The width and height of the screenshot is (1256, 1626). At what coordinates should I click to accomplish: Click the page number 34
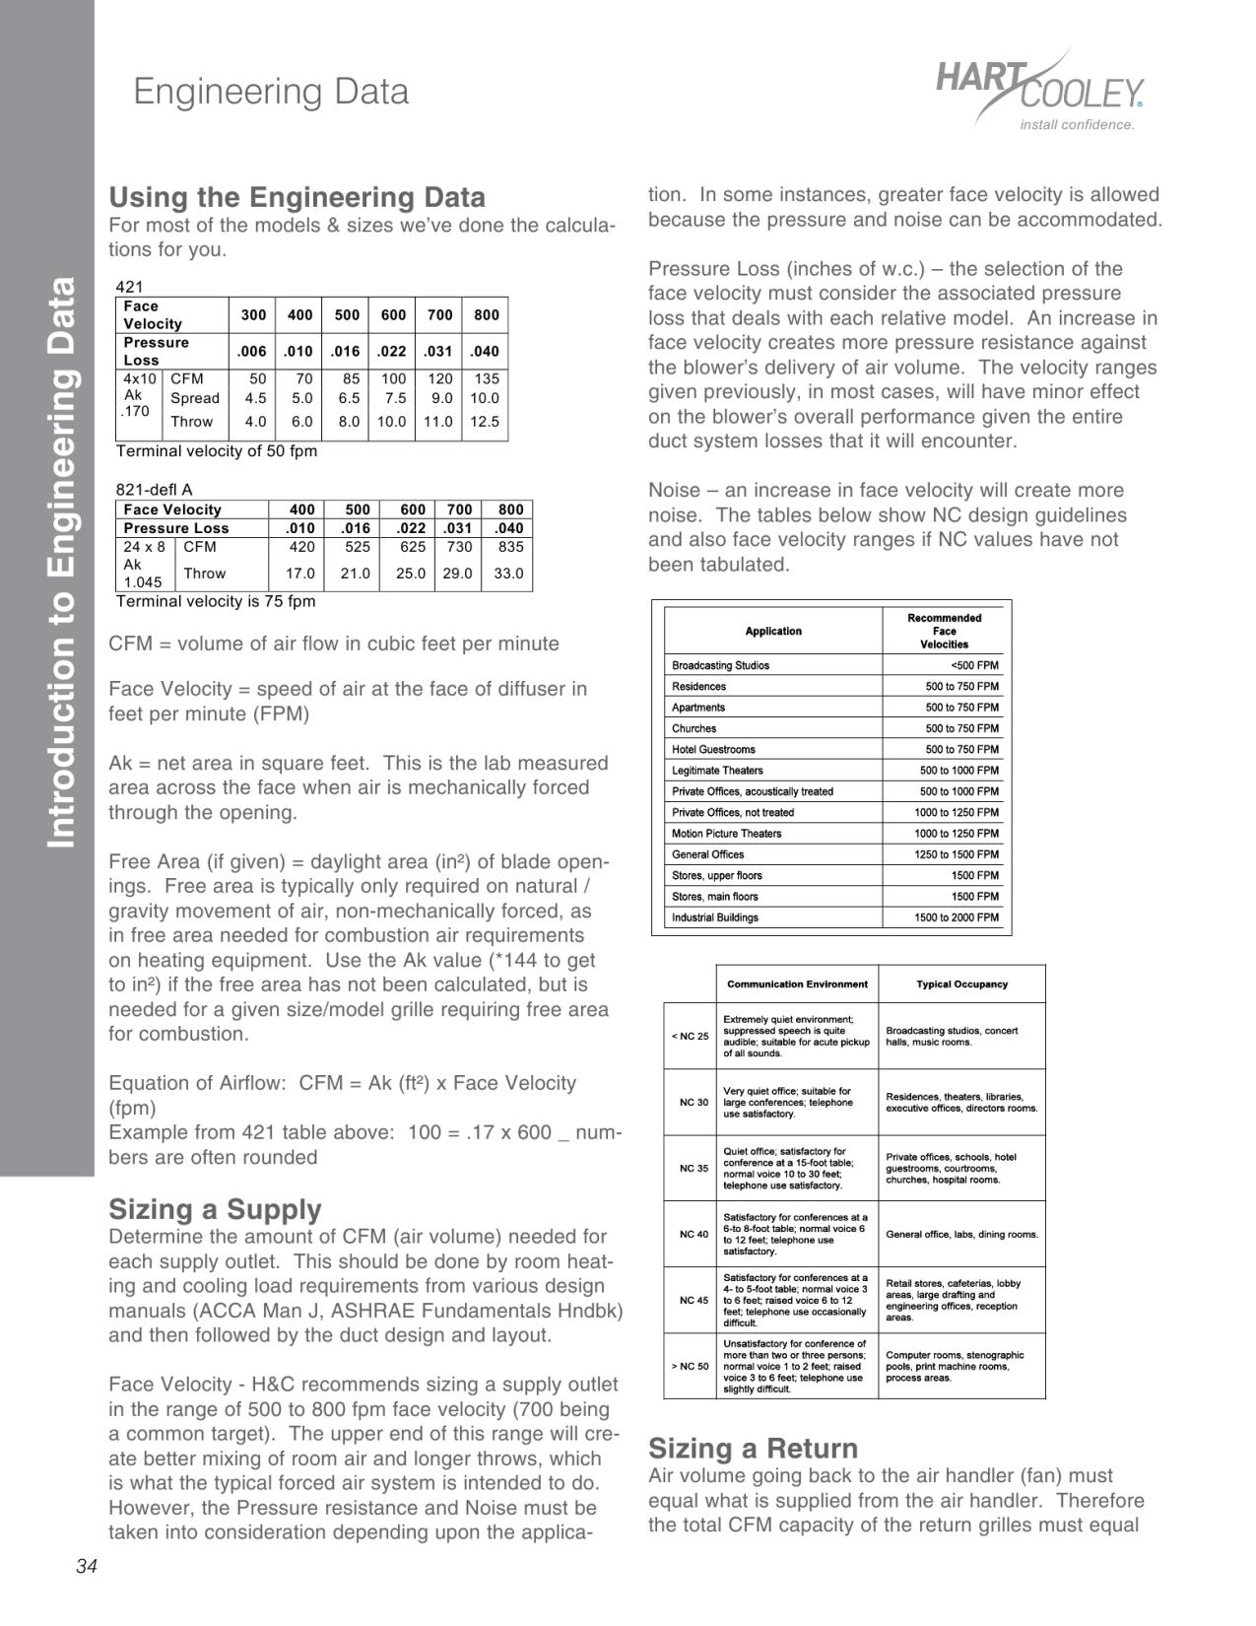(x=86, y=1568)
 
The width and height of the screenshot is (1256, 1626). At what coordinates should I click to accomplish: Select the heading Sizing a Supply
(x=215, y=1209)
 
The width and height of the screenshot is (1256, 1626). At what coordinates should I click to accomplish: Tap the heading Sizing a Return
(x=753, y=1448)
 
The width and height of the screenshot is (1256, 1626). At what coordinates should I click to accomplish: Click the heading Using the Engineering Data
(x=297, y=197)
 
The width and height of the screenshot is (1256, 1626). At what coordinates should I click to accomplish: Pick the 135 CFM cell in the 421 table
(x=486, y=378)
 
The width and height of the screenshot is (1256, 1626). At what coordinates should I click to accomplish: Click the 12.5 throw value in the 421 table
(x=484, y=422)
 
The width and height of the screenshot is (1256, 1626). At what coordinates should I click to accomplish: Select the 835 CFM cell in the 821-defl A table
(x=510, y=547)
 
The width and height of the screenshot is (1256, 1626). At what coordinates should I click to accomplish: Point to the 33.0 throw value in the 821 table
(x=508, y=574)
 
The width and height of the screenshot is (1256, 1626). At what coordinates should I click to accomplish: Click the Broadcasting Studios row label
(x=720, y=665)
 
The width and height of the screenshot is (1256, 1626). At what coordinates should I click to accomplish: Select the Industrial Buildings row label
(x=715, y=917)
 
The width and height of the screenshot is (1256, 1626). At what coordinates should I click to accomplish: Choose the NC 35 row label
(x=694, y=1169)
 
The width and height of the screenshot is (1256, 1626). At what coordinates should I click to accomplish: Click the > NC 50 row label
(x=690, y=1367)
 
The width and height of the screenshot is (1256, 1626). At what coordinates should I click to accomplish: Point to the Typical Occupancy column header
(x=961, y=984)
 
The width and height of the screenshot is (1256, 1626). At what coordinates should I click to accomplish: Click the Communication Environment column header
(x=797, y=984)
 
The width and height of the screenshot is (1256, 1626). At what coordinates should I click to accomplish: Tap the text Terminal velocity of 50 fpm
(x=217, y=451)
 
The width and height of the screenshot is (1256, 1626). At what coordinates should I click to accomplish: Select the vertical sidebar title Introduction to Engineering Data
(x=61, y=562)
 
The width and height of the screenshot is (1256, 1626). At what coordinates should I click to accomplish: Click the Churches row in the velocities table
(x=694, y=728)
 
